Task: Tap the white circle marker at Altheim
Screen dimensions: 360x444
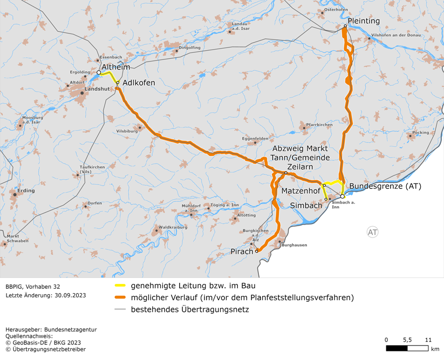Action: point(99,72)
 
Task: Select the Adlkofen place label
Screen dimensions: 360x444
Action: point(139,83)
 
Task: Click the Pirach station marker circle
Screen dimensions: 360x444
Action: point(257,251)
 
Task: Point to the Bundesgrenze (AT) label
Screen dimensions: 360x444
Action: point(385,186)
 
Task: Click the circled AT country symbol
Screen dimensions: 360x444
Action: point(372,232)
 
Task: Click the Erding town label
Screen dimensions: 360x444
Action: point(26,191)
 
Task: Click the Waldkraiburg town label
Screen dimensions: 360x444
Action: point(173,227)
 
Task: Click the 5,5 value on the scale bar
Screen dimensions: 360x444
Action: point(407,340)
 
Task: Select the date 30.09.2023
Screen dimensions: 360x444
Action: point(67,295)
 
